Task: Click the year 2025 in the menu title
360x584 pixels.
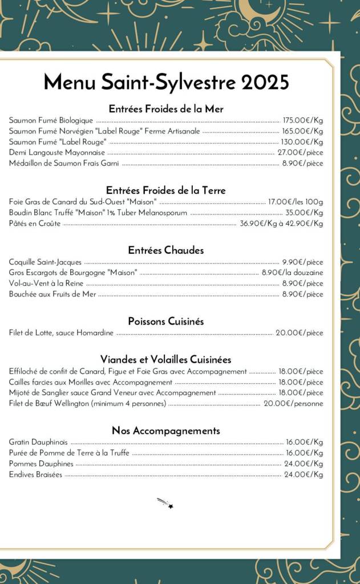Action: point(265,83)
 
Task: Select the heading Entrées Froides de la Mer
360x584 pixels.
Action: point(166,108)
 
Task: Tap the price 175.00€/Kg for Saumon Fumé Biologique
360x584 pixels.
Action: point(303,120)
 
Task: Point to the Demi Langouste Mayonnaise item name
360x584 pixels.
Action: point(57,152)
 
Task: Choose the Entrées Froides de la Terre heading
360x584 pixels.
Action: point(166,190)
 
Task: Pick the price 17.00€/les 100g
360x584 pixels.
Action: point(296,202)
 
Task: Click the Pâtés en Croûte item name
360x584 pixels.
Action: point(35,224)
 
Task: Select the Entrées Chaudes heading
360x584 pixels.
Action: point(166,250)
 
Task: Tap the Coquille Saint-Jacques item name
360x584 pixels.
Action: point(45,262)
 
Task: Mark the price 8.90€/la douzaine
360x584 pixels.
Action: point(292,273)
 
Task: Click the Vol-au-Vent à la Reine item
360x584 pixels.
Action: point(46,283)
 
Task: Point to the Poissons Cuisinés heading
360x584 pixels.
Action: point(166,321)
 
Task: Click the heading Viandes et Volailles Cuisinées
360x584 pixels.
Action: point(166,359)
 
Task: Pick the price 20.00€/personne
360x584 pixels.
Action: point(293,404)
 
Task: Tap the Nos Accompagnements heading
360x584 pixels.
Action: point(166,431)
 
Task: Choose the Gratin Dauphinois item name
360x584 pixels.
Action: point(38,442)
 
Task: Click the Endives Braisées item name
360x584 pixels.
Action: point(35,474)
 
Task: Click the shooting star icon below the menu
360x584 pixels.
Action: point(165,503)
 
